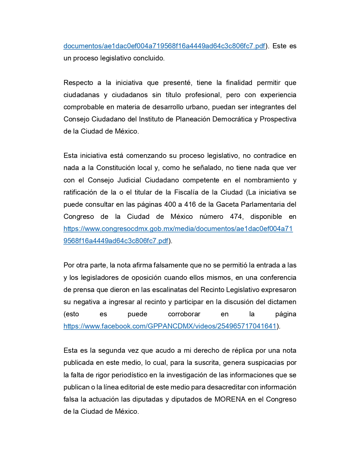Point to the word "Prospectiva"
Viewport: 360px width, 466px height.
(x=278, y=119)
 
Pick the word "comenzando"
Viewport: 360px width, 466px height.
(x=146, y=156)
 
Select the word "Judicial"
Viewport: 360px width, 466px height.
(x=129, y=180)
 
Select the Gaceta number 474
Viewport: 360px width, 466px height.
(x=236, y=217)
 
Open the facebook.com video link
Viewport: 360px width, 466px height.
(x=170, y=326)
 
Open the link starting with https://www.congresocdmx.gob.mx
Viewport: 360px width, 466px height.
(x=178, y=229)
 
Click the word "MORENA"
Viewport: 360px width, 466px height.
(x=230, y=399)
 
